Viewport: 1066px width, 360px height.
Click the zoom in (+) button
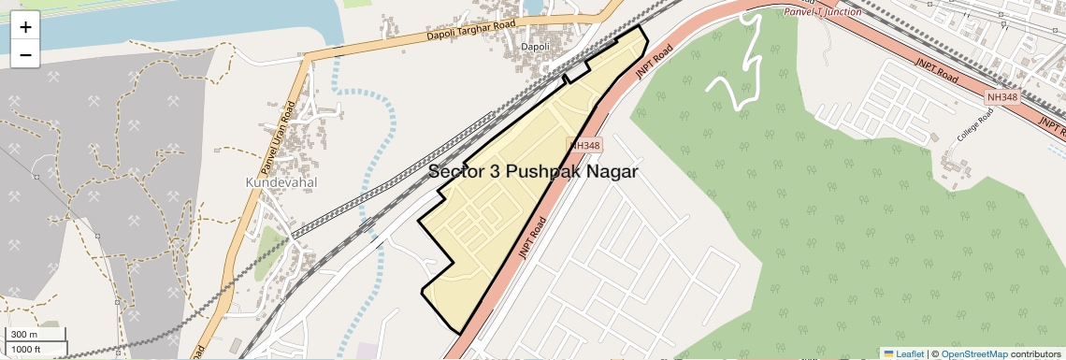(x=25, y=26)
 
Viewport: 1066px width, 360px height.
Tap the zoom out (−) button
(x=25, y=54)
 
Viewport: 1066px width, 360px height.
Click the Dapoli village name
(x=535, y=46)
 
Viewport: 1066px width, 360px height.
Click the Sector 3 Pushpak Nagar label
(x=533, y=172)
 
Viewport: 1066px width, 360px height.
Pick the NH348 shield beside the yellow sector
(x=584, y=145)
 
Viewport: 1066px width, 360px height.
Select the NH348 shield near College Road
(x=1001, y=97)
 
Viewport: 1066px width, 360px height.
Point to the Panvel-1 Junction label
(x=822, y=11)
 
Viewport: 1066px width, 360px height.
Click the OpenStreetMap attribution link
(x=973, y=353)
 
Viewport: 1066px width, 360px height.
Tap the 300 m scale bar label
(x=24, y=335)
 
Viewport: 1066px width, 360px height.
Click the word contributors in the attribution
(x=1034, y=353)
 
